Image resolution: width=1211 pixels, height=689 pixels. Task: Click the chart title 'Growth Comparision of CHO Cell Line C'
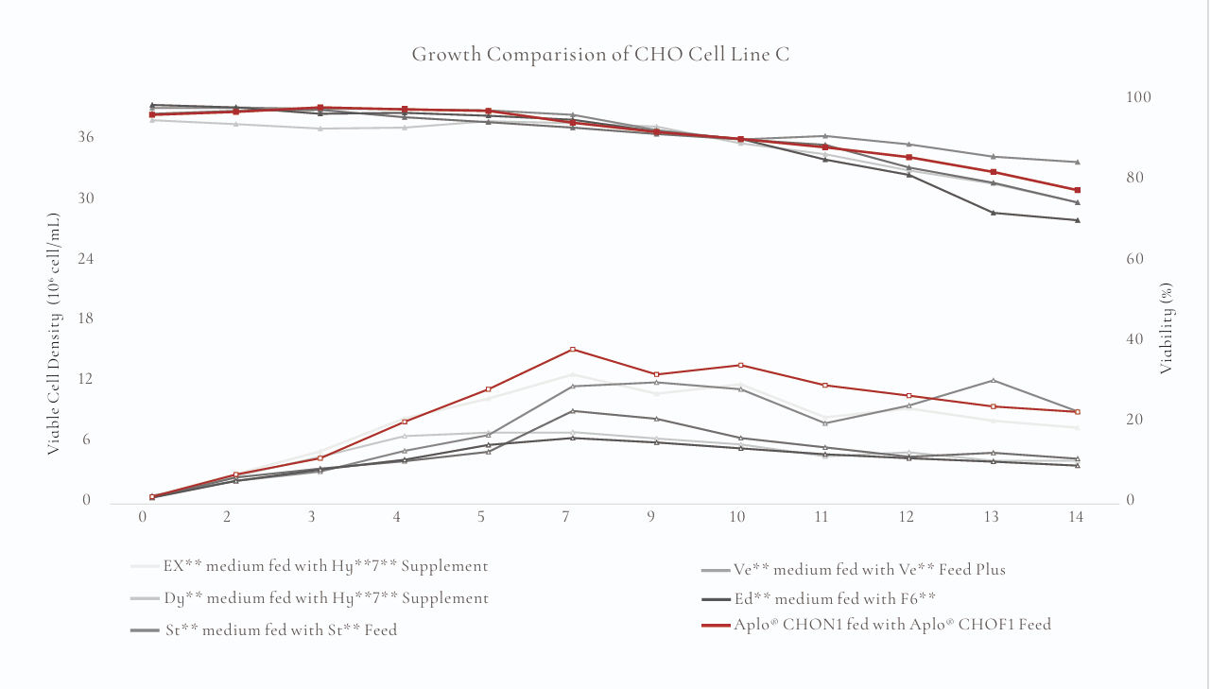[x=600, y=55]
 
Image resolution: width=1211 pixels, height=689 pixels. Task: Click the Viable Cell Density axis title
[x=54, y=334]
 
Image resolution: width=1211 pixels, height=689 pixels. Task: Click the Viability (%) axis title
[x=1167, y=327]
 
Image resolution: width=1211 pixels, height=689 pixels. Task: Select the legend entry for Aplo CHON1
[x=891, y=625]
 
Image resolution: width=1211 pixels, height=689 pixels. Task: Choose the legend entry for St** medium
[x=281, y=629]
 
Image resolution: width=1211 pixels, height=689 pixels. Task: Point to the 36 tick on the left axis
[x=85, y=138]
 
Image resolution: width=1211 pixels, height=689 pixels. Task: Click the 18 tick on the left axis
[x=85, y=319]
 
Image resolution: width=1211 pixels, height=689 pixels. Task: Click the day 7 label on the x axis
[x=565, y=517]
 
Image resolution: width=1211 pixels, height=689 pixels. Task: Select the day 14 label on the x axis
[x=1075, y=517]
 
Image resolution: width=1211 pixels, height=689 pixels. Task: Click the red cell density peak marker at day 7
[x=573, y=350]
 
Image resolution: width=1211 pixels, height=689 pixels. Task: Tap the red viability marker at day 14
[x=1077, y=190]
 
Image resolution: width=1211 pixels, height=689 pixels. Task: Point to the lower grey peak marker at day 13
[x=993, y=380]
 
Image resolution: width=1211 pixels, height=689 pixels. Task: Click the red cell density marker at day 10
[x=740, y=365]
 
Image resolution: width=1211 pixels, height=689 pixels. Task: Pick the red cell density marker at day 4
[x=405, y=422]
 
